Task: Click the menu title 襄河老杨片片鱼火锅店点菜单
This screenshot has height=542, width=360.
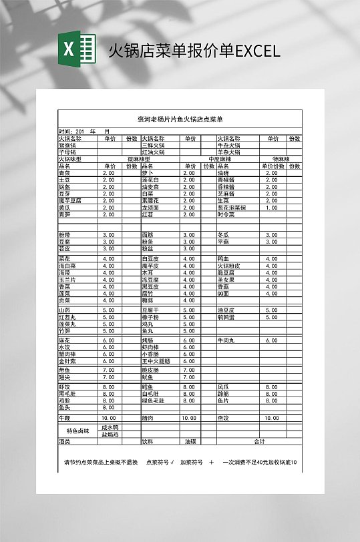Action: (x=180, y=119)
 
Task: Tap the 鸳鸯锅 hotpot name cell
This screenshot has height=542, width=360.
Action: (x=67, y=146)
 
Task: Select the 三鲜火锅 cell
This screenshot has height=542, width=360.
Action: (x=153, y=146)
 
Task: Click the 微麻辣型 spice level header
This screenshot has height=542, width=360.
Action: (x=140, y=159)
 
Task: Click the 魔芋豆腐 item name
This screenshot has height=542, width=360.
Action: (x=70, y=200)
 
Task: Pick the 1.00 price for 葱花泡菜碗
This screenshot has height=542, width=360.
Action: (x=272, y=208)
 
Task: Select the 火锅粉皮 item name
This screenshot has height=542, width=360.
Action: (x=230, y=266)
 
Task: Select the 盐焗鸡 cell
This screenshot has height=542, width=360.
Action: (x=110, y=435)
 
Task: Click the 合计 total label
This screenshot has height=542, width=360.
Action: (x=260, y=441)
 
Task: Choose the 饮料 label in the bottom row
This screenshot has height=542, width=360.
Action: (x=148, y=441)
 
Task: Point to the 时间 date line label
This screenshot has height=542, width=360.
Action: (x=66, y=131)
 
